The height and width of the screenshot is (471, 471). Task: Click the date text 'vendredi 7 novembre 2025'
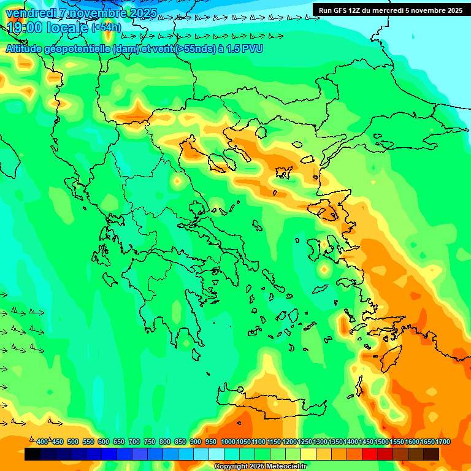(81, 13)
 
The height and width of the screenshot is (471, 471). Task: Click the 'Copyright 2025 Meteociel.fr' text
(260, 467)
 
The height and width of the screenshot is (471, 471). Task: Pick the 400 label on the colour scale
(42, 442)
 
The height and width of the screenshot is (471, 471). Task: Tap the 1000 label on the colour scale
(228, 442)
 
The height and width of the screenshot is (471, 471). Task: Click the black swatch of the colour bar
(33, 454)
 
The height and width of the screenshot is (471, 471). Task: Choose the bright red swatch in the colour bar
(370, 454)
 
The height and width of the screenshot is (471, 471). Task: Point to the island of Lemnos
(283, 172)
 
